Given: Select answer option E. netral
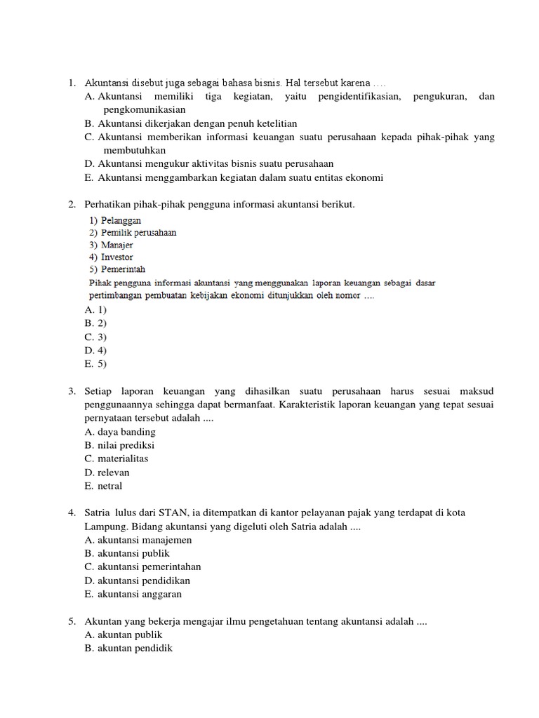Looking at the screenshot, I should [x=103, y=486].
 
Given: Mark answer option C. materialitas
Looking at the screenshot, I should [x=116, y=459].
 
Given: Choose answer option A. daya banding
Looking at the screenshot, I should [x=119, y=432].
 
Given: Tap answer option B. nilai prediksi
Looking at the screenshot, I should [x=119, y=445].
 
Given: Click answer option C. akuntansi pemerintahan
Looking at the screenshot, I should [x=142, y=567].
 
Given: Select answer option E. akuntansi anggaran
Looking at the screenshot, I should [x=133, y=594].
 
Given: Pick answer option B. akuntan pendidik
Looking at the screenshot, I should [x=128, y=649].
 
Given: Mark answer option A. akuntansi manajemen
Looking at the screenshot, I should [x=138, y=540].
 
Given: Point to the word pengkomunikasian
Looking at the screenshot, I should [x=145, y=110].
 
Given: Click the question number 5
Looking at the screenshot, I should [x=72, y=621].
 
